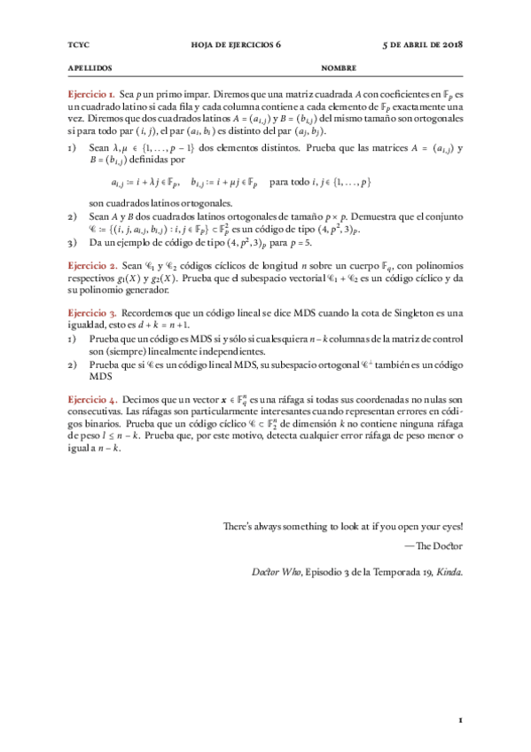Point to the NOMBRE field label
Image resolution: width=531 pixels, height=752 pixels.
[x=339, y=67]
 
